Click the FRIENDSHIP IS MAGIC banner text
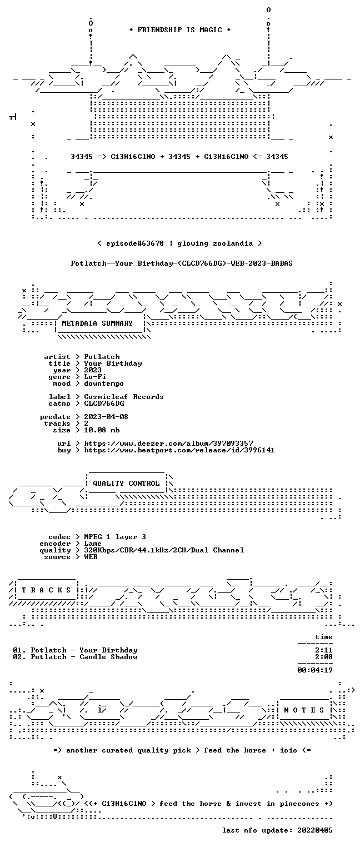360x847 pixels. point(180,30)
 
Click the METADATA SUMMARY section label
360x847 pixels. point(97,323)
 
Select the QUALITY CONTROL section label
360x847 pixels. point(126,483)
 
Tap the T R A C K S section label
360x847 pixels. point(47,590)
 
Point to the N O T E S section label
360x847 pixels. point(304,710)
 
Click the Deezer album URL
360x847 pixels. point(169,443)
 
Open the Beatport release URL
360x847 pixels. point(179,450)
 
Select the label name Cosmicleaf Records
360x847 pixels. point(124,397)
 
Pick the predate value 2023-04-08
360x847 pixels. point(106,417)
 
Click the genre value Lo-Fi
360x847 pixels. point(95,377)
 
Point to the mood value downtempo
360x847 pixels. point(104,383)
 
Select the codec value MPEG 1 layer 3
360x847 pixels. point(115,536)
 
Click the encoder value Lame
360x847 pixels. point(93,544)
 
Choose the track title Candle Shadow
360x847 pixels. point(108,657)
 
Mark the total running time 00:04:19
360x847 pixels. point(315,670)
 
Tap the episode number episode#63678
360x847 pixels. point(135,243)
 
